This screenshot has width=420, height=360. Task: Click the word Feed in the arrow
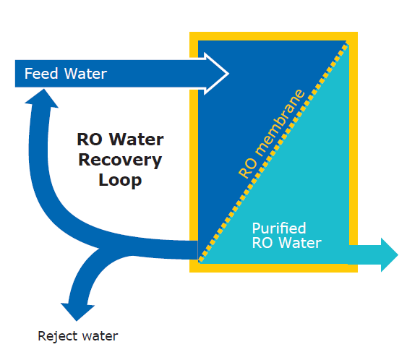point(41,74)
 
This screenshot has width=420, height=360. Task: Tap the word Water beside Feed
point(86,74)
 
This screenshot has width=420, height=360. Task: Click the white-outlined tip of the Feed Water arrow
point(228,74)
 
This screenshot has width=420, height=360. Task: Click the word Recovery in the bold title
point(120,160)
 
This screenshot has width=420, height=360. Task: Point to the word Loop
point(120,180)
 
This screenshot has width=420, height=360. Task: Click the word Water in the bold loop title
point(137,140)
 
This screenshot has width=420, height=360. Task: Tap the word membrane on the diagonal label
point(280,123)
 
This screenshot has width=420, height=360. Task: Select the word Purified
point(279,228)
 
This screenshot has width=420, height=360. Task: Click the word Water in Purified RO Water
point(300,243)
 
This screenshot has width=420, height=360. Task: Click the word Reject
point(58,336)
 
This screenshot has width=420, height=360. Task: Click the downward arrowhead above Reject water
point(77,312)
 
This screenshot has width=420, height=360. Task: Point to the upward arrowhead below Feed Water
point(42,98)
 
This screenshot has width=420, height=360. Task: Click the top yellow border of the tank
point(273,36)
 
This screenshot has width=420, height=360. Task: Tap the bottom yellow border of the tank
point(273,268)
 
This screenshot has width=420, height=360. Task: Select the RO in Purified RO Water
point(262,243)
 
